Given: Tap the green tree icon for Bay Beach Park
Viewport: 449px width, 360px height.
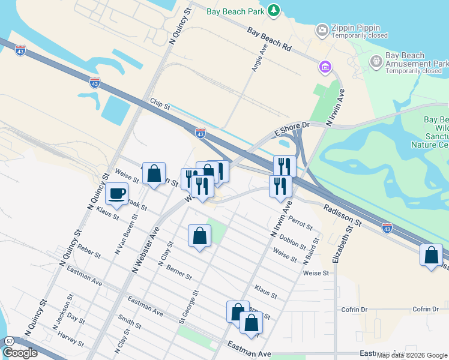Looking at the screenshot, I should tap(274, 10).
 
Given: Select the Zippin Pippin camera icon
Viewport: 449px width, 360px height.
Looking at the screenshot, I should tap(322, 29).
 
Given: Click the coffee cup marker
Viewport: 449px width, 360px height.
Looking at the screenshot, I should tap(117, 194).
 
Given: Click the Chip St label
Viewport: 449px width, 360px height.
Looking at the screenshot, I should tap(160, 105).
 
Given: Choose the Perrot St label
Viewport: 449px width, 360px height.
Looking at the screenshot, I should tap(300, 223).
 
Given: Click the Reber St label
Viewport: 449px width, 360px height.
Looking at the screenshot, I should tap(88, 251).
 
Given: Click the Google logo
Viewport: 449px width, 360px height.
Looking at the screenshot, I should tap(20, 353).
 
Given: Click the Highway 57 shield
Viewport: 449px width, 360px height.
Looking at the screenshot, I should tap(9, 341).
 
